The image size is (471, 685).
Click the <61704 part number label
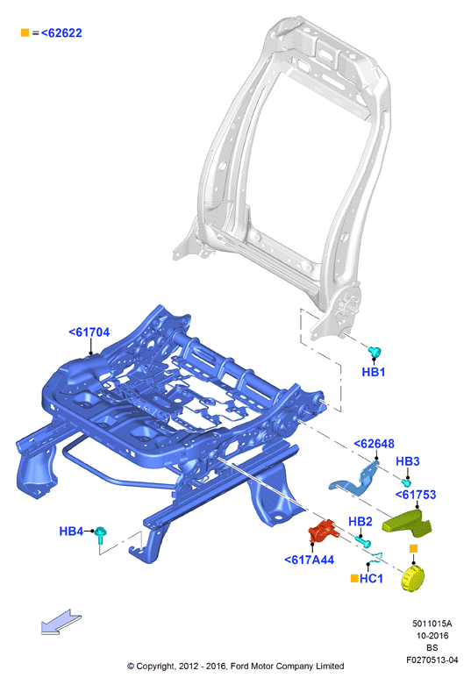tap(89, 332)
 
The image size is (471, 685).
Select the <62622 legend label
tap(61, 33)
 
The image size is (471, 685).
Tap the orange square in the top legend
tap(25, 32)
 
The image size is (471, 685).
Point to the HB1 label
tap(374, 372)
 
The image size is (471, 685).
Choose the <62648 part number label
tap(374, 444)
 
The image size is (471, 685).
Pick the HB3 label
tap(408, 461)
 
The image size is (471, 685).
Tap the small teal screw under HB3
tap(406, 482)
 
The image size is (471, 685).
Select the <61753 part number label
tap(416, 495)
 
